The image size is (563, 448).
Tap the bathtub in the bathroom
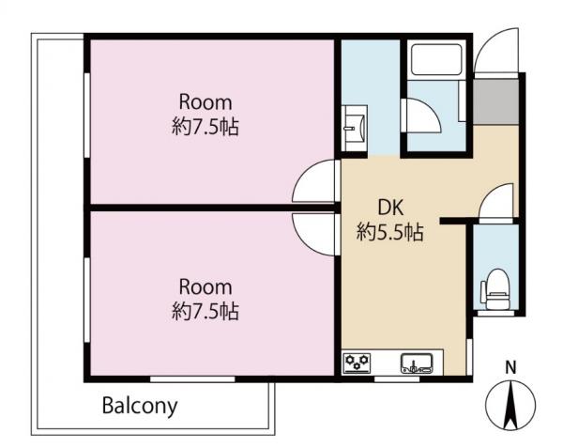coord(436,59)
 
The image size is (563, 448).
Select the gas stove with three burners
coord(357,363)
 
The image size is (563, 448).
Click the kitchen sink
coord(417,363)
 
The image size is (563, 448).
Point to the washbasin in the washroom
coord(355,129)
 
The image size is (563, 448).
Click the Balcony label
coord(140,406)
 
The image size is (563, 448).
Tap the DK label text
coord(391,208)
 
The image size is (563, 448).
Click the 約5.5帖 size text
coord(390,232)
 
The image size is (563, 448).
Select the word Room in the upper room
coord(205,102)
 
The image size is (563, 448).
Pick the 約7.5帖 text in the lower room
coord(205,311)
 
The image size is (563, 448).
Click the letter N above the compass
coord(510,367)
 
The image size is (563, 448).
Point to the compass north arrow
coord(510,404)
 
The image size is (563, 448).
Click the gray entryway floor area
coord(496,102)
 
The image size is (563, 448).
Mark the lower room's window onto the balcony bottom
coord(192,379)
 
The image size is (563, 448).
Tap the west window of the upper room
coord(86,115)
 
